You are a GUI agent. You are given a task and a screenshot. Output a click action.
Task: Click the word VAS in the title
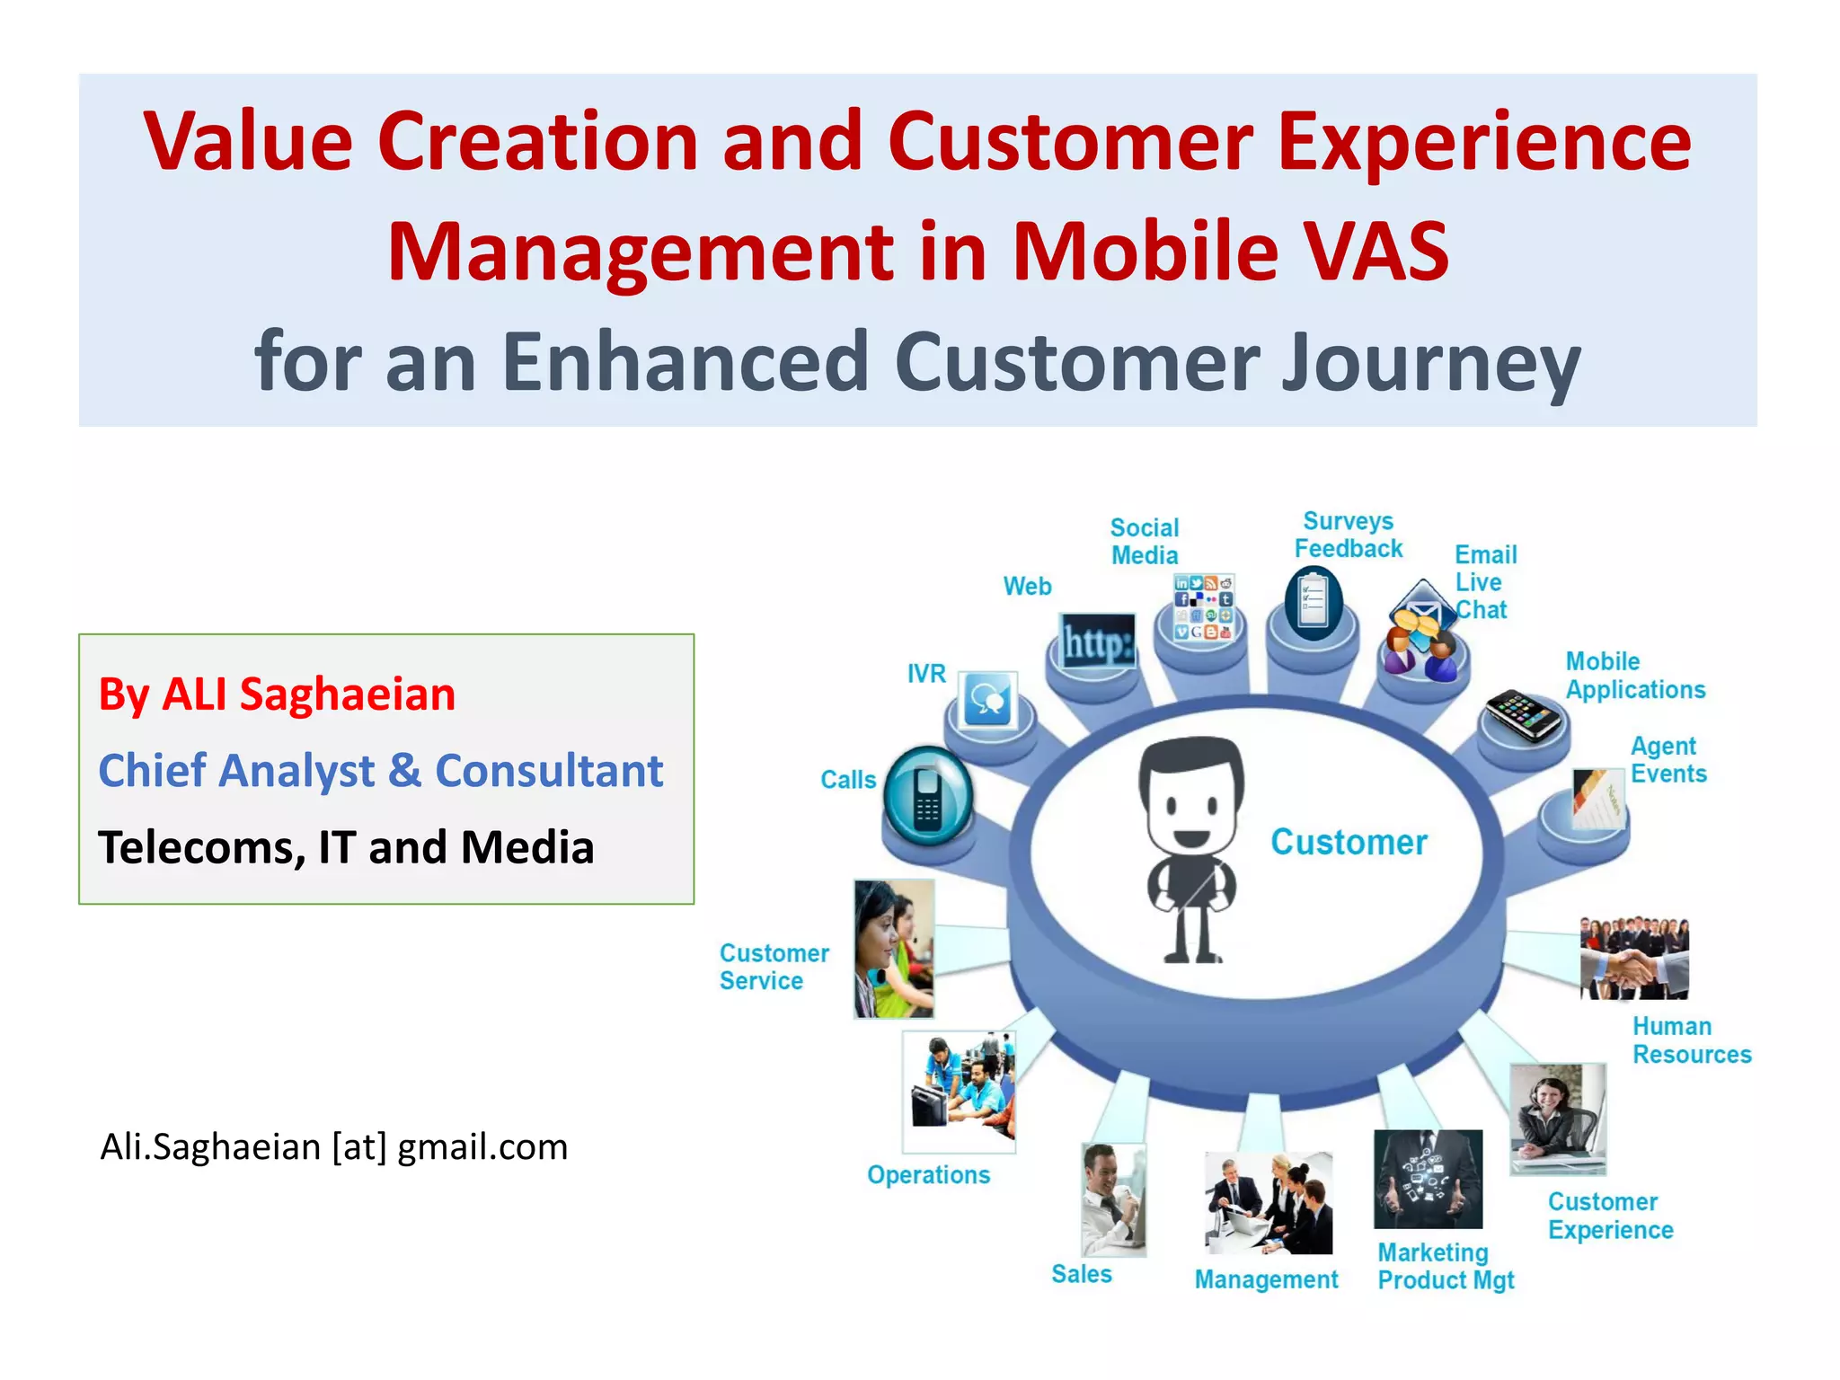coord(1376,252)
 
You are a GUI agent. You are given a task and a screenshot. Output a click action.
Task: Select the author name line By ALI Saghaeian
coord(277,694)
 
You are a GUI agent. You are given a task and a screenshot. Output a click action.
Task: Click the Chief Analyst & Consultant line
coord(380,771)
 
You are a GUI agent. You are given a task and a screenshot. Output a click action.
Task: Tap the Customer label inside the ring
coord(1348,842)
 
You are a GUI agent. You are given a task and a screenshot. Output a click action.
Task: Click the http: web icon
coord(1096,641)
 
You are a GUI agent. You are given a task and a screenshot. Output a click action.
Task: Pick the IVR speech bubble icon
coord(988,700)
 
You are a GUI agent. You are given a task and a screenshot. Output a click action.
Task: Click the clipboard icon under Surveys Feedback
coord(1313,604)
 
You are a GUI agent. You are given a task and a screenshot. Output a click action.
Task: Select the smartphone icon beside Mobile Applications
coord(1523,715)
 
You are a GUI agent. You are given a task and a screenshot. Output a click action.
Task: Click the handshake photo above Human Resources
coord(1633,959)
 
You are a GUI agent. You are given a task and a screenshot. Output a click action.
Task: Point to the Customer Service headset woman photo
coord(893,949)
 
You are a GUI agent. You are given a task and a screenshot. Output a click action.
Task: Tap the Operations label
coord(928,1174)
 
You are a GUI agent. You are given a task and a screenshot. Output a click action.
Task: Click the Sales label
coord(1082,1274)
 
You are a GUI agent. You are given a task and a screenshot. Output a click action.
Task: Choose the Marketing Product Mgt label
coord(1445,1266)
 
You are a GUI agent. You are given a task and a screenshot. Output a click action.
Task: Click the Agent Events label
coord(1667,760)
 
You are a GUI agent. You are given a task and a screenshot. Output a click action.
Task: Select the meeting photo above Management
coord(1268,1204)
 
